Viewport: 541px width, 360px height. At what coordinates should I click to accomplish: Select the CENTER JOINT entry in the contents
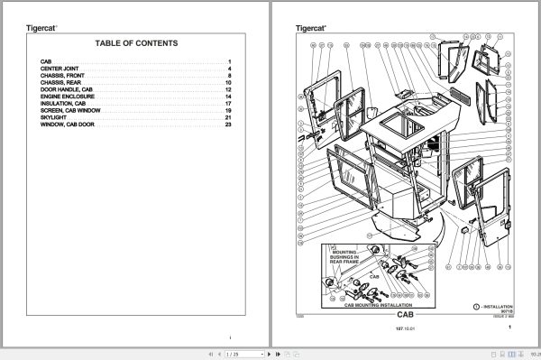pos(58,69)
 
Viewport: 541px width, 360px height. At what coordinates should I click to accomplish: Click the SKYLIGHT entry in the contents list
pos(51,116)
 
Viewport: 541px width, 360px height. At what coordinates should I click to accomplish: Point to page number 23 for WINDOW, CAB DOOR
pos(229,124)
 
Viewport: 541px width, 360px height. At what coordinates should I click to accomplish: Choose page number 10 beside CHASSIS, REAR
pos(229,83)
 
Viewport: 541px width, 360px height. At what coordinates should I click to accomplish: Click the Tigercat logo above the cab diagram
pos(311,28)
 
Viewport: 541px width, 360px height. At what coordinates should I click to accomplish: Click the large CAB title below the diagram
pos(403,314)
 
